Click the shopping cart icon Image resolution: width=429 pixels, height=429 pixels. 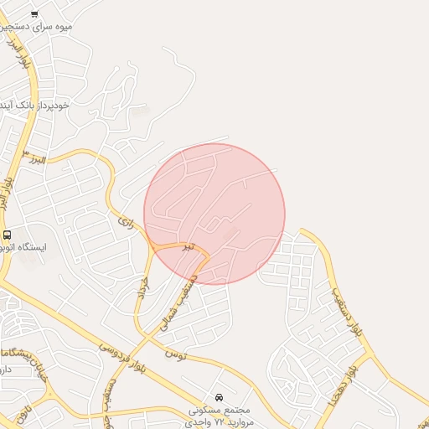(34, 13)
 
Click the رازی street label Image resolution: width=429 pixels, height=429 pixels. (126, 223)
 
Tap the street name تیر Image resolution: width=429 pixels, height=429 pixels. (189, 246)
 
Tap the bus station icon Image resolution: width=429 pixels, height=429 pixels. (8, 235)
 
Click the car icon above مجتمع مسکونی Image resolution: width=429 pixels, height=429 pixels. (219, 396)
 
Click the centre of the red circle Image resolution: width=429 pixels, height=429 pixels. (214, 214)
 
